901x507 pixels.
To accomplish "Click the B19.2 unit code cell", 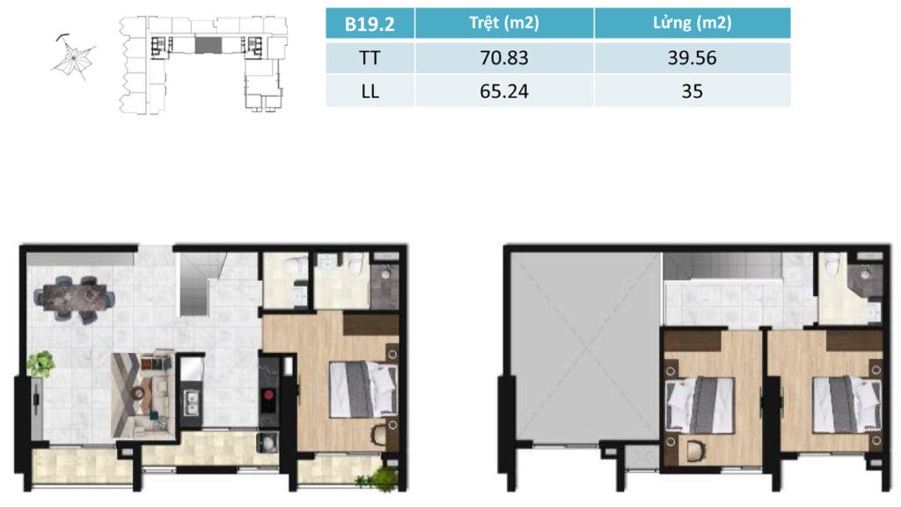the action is (x=370, y=24).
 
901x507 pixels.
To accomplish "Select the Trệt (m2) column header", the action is (x=504, y=23).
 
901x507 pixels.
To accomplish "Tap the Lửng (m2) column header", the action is (x=692, y=23).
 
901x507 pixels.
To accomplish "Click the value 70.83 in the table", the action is (x=504, y=58).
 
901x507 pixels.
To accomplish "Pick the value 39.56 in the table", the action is (x=692, y=58).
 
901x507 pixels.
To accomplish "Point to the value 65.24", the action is (x=504, y=92).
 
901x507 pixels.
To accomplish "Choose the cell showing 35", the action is (x=692, y=92).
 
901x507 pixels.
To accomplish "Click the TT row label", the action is (x=370, y=58).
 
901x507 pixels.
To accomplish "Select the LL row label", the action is (x=370, y=92).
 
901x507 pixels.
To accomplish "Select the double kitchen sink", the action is (x=191, y=401).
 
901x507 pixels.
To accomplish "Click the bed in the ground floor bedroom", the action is (x=363, y=388).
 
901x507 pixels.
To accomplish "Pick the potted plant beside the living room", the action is (x=40, y=364).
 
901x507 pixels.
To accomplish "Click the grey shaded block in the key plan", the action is (x=208, y=44).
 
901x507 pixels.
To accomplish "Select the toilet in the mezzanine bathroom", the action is (x=831, y=265).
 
